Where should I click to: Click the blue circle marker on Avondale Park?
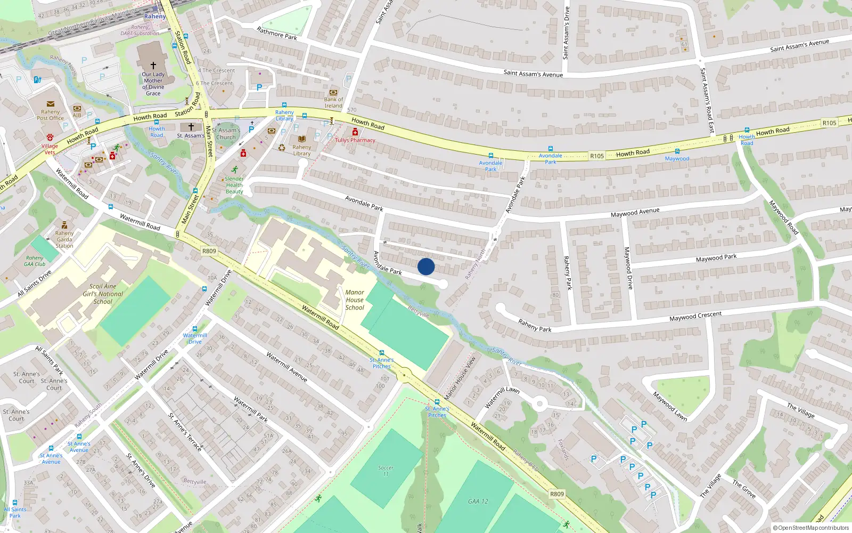pyautogui.click(x=426, y=266)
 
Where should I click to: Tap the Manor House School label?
pyautogui.click(x=355, y=300)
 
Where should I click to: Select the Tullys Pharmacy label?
pyautogui.click(x=355, y=140)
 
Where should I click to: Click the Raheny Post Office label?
pyautogui.click(x=50, y=115)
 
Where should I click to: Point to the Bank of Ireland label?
pyautogui.click(x=333, y=102)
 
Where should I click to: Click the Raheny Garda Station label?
pyautogui.click(x=64, y=239)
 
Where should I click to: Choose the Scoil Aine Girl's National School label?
pyautogui.click(x=103, y=294)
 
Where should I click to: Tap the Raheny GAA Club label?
pyautogui.click(x=35, y=261)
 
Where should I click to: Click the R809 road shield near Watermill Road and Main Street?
pyautogui.click(x=209, y=251)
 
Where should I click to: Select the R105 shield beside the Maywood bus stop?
pyautogui.click(x=597, y=156)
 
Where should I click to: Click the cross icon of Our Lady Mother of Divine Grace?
pyautogui.click(x=153, y=65)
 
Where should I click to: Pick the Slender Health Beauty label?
pyautogui.click(x=234, y=185)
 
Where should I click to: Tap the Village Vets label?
pyautogui.click(x=50, y=149)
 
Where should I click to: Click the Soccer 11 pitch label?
pyautogui.click(x=386, y=471)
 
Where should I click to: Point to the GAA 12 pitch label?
pyautogui.click(x=478, y=501)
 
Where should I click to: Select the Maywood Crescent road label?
pyautogui.click(x=695, y=316)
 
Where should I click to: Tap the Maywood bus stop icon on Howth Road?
pyautogui.click(x=677, y=151)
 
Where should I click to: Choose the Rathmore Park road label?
pyautogui.click(x=277, y=34)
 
